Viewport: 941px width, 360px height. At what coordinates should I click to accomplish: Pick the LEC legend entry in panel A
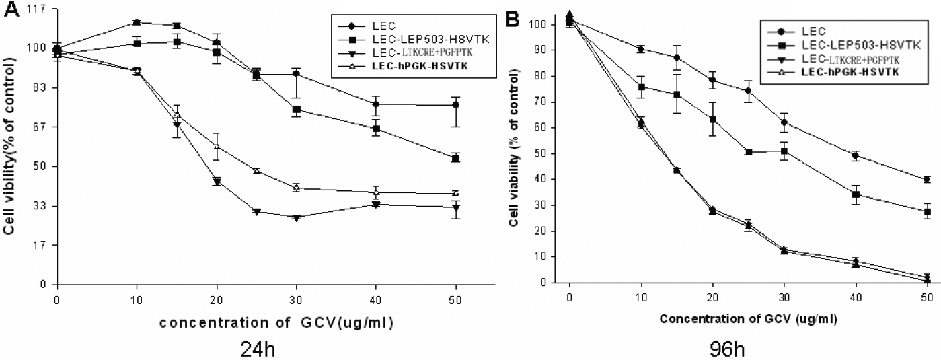379,26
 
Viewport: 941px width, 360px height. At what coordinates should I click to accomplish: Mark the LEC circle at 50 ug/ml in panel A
456,105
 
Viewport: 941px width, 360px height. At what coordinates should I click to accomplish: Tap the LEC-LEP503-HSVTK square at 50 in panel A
456,158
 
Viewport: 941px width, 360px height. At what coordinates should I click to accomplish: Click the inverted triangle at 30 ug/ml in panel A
296,217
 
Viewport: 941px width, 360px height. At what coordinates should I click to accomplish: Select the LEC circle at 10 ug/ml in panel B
641,49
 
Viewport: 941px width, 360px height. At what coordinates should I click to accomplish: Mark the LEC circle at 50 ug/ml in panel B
927,180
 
